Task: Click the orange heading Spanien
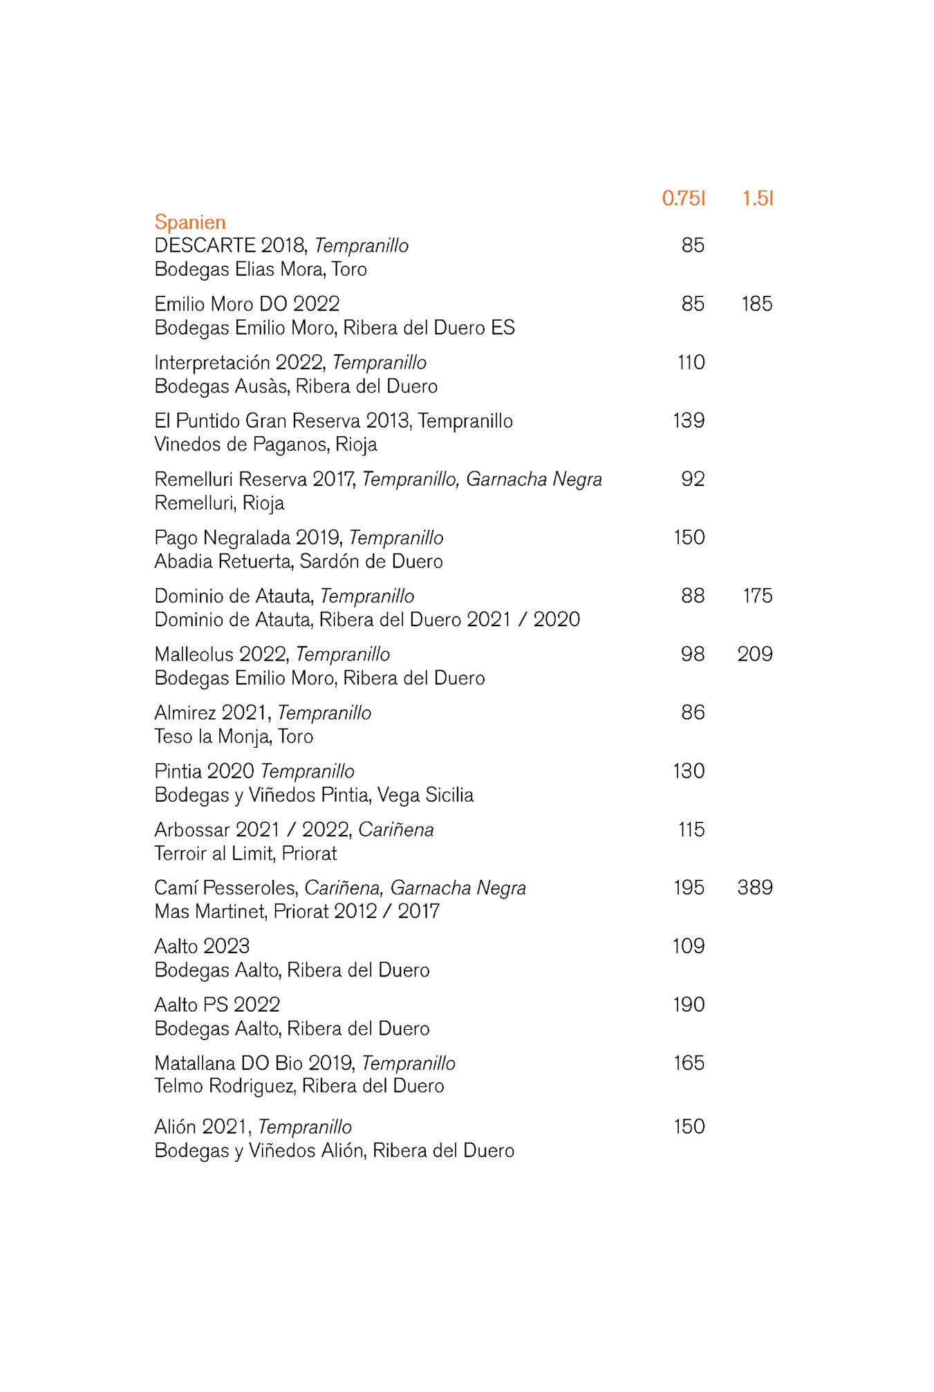pyautogui.click(x=190, y=222)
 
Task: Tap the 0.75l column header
pyautogui.click(x=683, y=198)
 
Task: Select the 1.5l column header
pyautogui.click(x=758, y=198)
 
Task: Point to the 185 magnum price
pyautogui.click(x=756, y=304)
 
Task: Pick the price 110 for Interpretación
pyautogui.click(x=691, y=362)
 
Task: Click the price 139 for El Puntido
pyautogui.click(x=689, y=421)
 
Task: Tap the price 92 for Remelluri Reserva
pyautogui.click(x=693, y=479)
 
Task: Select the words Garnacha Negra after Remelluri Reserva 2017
pyautogui.click(x=534, y=479)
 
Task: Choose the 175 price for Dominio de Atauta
pyautogui.click(x=757, y=596)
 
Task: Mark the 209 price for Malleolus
pyautogui.click(x=755, y=654)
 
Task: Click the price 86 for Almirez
pyautogui.click(x=693, y=713)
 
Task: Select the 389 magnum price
pyautogui.click(x=755, y=887)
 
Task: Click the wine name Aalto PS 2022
pyautogui.click(x=217, y=1004)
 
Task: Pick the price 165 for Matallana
pyautogui.click(x=689, y=1063)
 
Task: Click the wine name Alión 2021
pyautogui.click(x=201, y=1127)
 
